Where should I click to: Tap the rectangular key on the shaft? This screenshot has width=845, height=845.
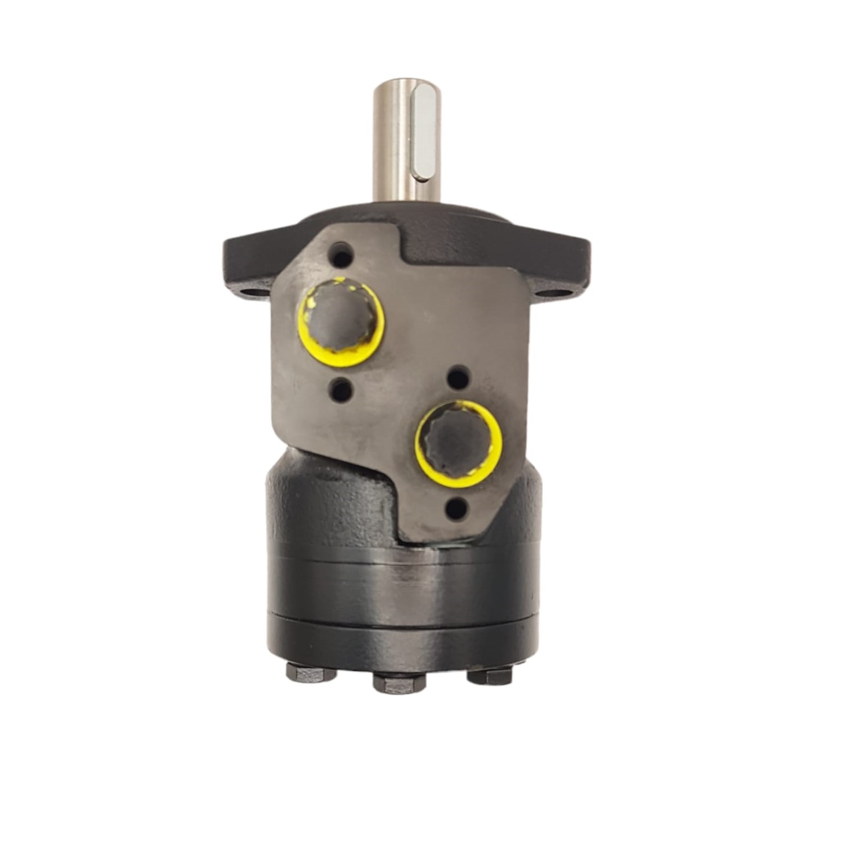(x=426, y=130)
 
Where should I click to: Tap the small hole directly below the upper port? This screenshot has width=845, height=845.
(x=341, y=390)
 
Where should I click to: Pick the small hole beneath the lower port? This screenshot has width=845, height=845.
(x=457, y=509)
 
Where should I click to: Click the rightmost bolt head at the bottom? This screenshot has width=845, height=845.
(x=490, y=675)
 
